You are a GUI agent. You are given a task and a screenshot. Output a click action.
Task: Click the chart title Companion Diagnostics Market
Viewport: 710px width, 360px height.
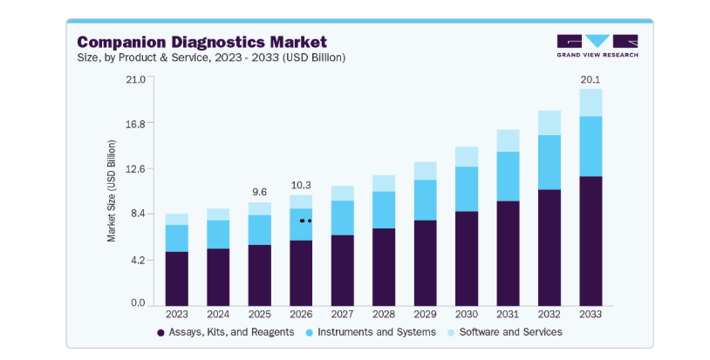[202, 42]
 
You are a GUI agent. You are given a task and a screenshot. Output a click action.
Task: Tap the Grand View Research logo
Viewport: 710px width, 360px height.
[597, 45]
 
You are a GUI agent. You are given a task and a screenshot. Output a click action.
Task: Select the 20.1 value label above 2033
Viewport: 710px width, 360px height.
[591, 79]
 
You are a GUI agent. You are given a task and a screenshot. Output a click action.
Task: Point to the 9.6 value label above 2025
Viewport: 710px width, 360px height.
[259, 193]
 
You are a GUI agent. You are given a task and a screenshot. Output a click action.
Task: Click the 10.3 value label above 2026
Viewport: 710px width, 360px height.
[301, 185]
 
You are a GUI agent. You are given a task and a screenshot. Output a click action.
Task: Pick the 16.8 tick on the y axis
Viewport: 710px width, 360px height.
[135, 124]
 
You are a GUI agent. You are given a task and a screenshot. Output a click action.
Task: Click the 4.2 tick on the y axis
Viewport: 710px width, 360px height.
[138, 261]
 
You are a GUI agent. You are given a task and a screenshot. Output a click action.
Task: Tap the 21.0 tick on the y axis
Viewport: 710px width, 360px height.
[135, 79]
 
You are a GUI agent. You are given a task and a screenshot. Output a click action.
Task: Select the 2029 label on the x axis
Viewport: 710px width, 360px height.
[425, 314]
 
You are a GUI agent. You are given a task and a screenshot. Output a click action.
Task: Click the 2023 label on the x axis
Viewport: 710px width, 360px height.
[176, 314]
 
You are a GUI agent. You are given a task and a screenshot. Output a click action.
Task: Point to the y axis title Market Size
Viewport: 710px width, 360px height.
[112, 191]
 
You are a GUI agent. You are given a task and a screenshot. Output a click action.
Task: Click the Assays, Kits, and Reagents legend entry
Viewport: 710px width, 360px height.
[226, 332]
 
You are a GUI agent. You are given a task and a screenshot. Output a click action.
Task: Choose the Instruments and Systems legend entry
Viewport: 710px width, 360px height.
[371, 332]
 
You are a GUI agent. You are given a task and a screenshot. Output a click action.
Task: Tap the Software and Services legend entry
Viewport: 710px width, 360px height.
[505, 332]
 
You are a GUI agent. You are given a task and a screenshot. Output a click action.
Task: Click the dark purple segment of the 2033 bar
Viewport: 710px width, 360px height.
[591, 241]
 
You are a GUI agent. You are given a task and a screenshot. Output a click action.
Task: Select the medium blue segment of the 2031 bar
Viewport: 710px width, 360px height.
[508, 176]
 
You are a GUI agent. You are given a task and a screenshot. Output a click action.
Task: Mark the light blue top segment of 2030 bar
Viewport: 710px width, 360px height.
[467, 157]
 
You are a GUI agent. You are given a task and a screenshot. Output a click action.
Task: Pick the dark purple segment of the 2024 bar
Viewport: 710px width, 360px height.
[218, 277]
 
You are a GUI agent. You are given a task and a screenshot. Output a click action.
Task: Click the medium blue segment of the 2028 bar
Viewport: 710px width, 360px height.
[384, 210]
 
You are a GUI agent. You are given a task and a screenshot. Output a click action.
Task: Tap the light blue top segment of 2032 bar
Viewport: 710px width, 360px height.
[550, 123]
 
